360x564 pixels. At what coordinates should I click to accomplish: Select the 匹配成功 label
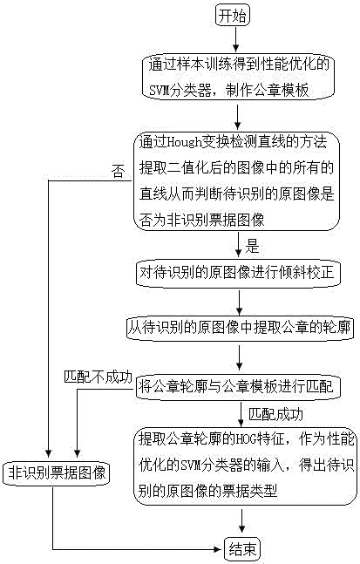coord(277,412)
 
